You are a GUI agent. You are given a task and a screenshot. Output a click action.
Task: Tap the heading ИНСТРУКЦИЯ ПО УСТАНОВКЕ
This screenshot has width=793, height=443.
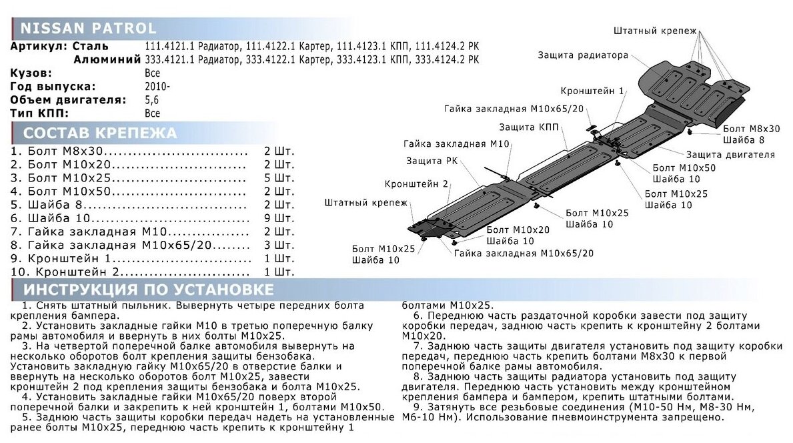pyautogui.click(x=148, y=290)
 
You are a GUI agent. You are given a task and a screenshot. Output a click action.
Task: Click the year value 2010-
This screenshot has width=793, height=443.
pyautogui.click(x=157, y=87)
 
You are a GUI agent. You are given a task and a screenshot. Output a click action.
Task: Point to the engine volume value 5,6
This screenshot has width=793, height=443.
pyautogui.click(x=152, y=100)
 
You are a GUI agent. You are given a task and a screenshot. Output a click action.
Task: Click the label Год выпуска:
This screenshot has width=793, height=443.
pyautogui.click(x=53, y=87)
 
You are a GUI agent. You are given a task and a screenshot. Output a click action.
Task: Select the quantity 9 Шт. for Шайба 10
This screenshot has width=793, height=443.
pyautogui.click(x=279, y=218)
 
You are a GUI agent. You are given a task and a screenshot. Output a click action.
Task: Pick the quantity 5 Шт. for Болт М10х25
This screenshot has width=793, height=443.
pyautogui.click(x=279, y=178)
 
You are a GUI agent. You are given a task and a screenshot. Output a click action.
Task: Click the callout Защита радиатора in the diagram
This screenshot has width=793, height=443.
pyautogui.click(x=583, y=55)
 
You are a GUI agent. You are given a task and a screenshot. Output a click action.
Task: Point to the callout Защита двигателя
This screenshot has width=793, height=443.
pyautogui.click(x=730, y=155)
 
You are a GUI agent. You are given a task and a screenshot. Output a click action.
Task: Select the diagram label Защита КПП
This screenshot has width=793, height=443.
pyautogui.click(x=525, y=127)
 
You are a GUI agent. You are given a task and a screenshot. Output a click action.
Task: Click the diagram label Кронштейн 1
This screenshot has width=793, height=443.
pyautogui.click(x=592, y=91)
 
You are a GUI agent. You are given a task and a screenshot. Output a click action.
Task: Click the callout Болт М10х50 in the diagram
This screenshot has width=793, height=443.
pyautogui.click(x=683, y=167)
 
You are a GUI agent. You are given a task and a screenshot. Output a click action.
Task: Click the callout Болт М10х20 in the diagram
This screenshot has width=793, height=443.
pyautogui.click(x=518, y=230)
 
